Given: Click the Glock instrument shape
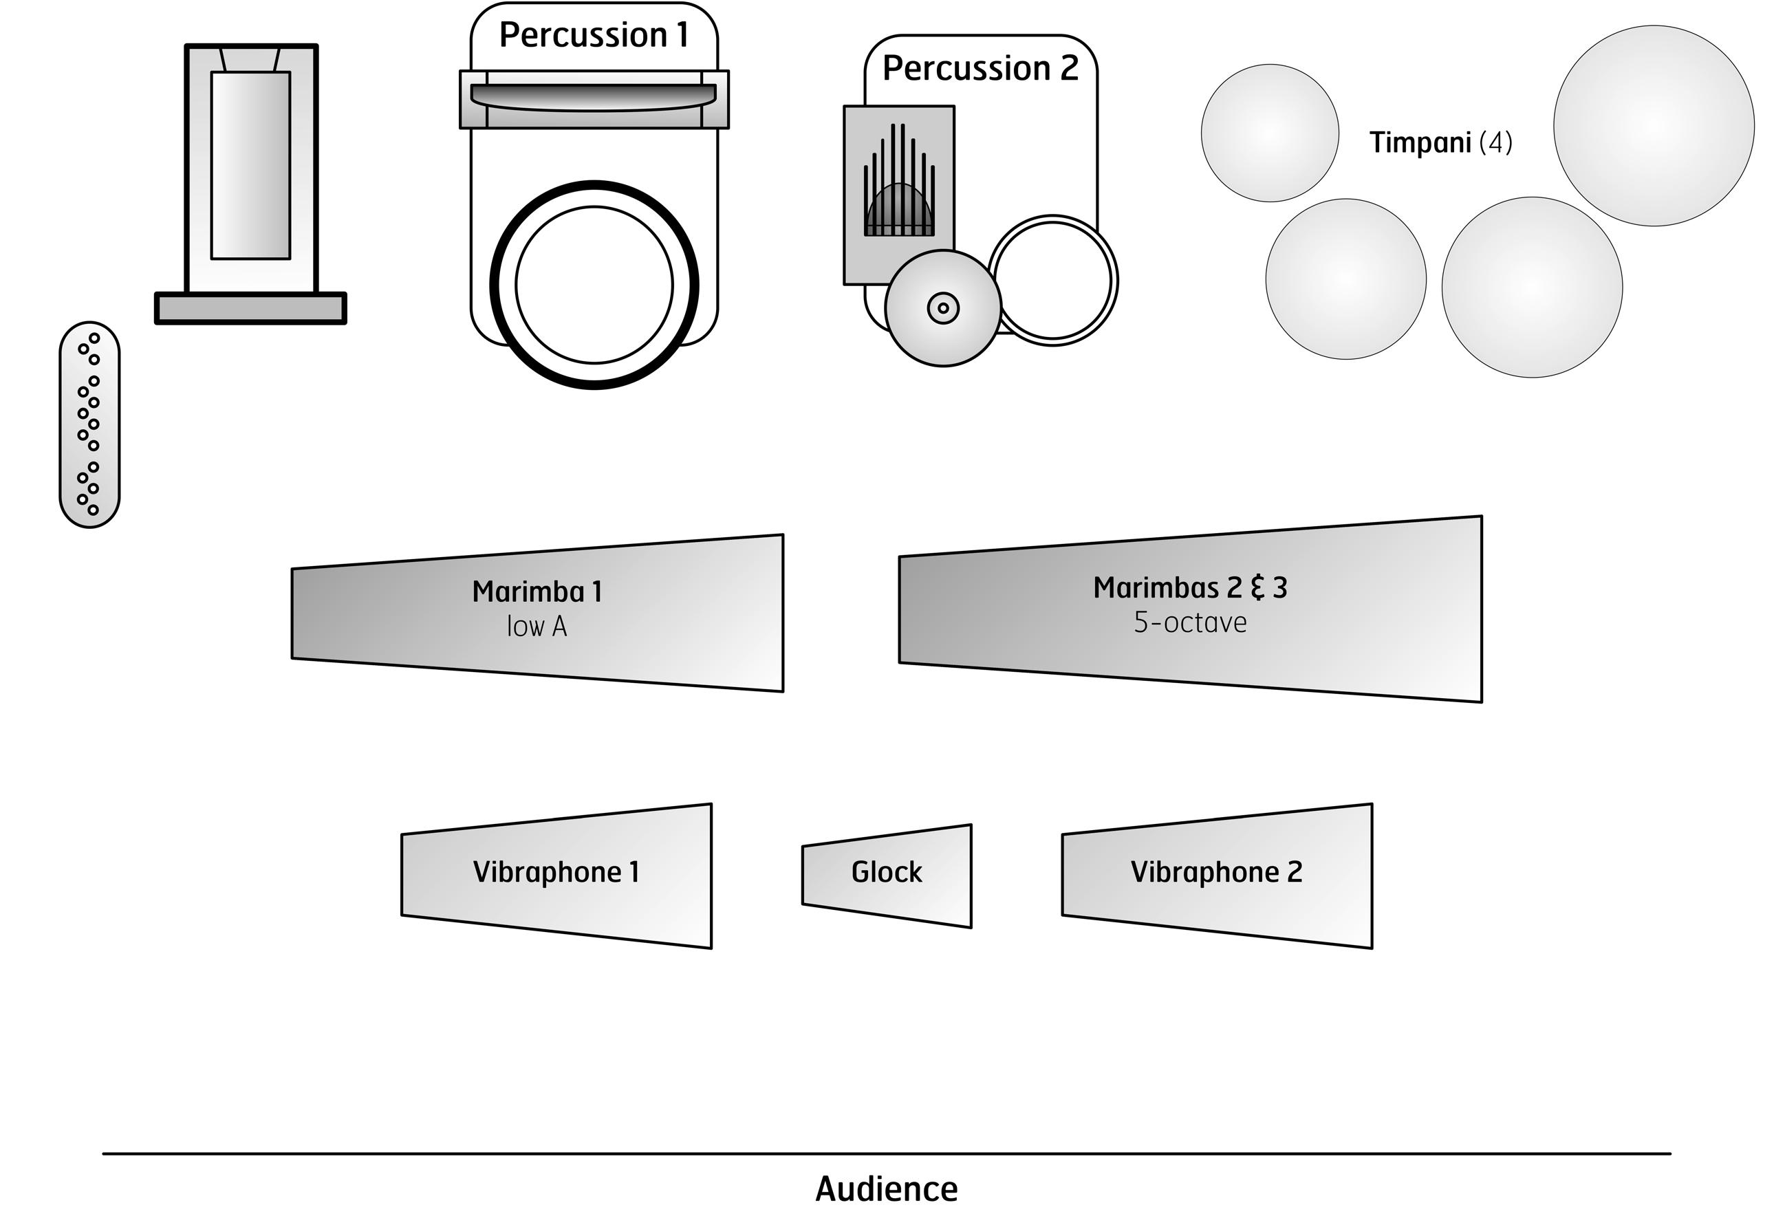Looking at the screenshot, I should (x=887, y=876).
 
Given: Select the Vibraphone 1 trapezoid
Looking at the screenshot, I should (x=556, y=876).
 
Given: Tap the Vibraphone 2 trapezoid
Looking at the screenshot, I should (x=1217, y=876).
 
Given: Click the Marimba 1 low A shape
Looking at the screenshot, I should (x=537, y=613).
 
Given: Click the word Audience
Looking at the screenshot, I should (x=887, y=1188).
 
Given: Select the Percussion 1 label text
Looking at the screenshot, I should (x=594, y=35).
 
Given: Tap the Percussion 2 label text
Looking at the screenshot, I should (x=980, y=68).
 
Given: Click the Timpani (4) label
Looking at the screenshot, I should (x=1440, y=143).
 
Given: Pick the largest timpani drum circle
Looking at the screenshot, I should (x=1653, y=126).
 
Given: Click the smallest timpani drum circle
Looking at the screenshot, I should (x=1270, y=133).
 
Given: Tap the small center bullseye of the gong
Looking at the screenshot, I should (x=944, y=308).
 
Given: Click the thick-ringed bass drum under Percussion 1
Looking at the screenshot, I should (x=594, y=285).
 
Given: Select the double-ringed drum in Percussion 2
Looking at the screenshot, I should (x=1052, y=281).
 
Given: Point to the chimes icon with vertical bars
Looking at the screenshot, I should (x=899, y=184).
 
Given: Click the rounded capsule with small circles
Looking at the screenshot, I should (x=89, y=425).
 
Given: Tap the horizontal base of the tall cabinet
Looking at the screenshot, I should (x=250, y=308).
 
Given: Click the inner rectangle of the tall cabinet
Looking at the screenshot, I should (x=250, y=165).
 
